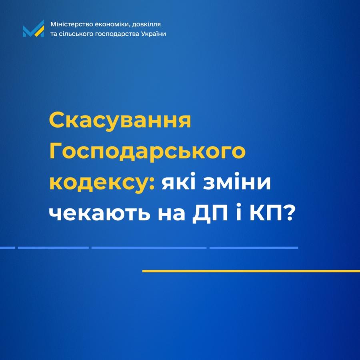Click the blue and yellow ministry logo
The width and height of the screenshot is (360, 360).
[x=33, y=28]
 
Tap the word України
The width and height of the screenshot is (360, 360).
[x=154, y=34]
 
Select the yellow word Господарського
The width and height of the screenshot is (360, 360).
[x=147, y=152]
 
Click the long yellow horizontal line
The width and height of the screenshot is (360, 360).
[x=251, y=271]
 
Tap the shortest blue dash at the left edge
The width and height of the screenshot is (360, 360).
[x=7, y=248]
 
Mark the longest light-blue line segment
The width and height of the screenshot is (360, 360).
[x=149, y=248]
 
